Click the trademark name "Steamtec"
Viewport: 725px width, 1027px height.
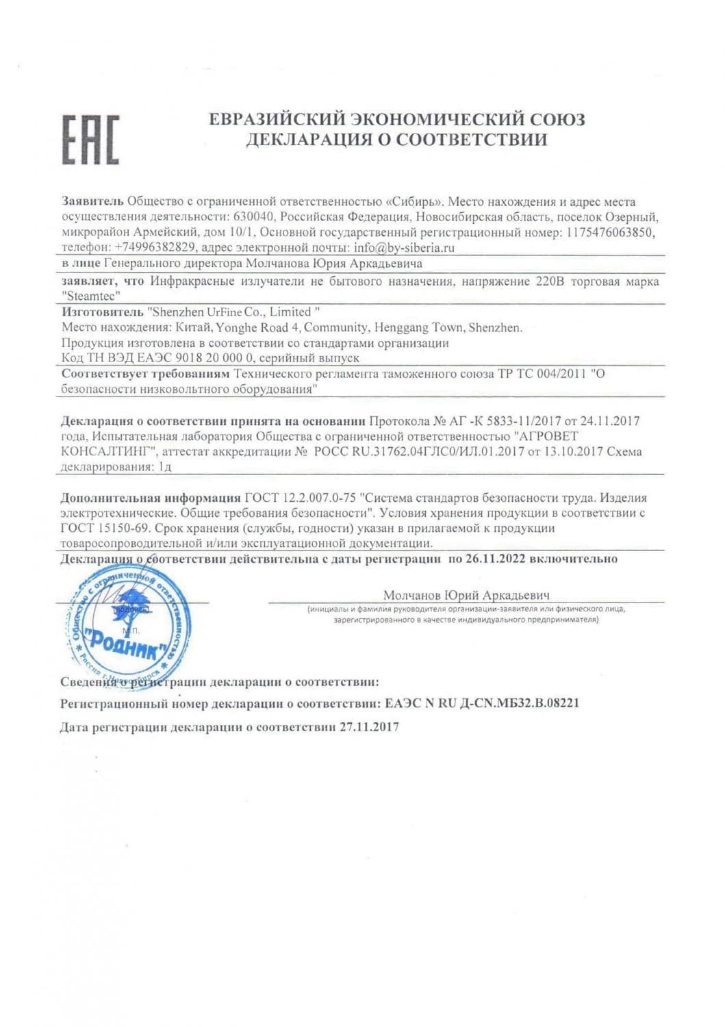click(x=91, y=296)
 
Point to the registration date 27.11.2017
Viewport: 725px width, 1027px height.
click(x=369, y=726)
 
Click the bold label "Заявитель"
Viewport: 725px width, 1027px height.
click(x=92, y=202)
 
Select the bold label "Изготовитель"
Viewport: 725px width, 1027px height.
click(x=103, y=312)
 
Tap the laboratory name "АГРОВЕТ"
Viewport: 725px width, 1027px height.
click(x=546, y=436)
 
